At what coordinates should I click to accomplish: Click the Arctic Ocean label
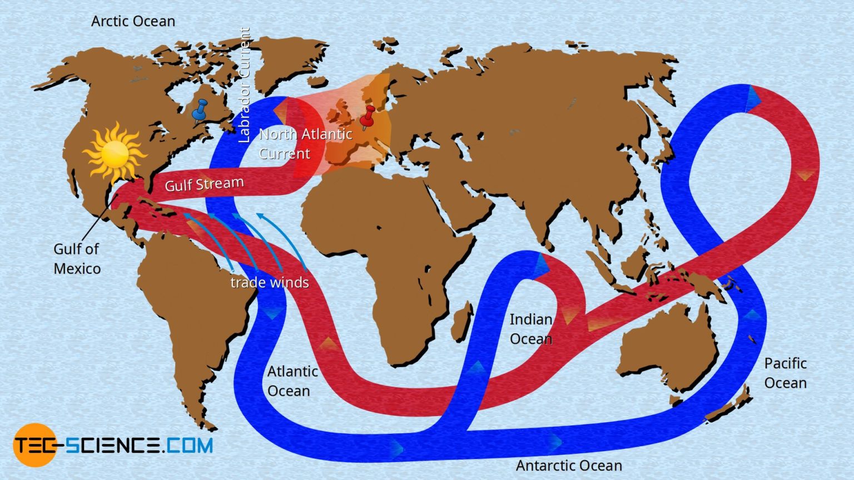133,21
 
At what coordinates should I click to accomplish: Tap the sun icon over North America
115,152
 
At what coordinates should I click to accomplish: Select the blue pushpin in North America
199,111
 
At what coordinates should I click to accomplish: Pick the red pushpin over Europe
367,117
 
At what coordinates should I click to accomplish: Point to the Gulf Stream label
204,184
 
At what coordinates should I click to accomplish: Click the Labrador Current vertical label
244,86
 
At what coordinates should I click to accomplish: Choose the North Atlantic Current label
305,143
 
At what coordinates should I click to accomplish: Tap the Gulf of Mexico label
77,259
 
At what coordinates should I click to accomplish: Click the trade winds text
270,282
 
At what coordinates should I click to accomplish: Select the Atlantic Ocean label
292,381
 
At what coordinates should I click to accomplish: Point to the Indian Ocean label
531,329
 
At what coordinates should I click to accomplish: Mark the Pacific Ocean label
785,373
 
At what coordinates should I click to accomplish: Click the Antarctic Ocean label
569,466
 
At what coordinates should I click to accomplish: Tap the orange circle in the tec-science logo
34,445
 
